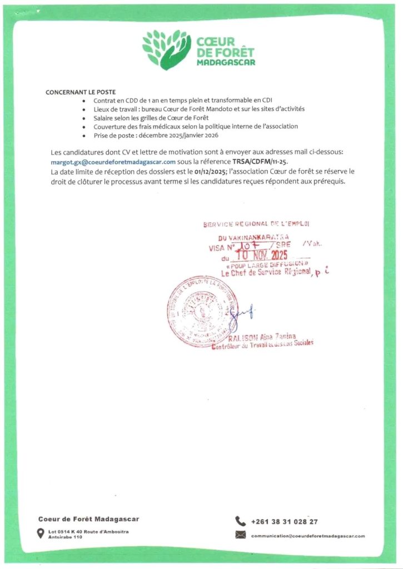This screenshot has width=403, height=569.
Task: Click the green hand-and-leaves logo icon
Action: click(x=166, y=49)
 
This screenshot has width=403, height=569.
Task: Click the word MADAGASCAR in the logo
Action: click(x=226, y=63)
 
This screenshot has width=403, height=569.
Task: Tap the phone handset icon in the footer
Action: click(x=240, y=521)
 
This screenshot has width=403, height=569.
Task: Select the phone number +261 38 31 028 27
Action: click(x=285, y=522)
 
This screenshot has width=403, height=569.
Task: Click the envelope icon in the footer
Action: click(x=240, y=535)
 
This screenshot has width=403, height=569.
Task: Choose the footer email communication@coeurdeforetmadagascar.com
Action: click(x=308, y=536)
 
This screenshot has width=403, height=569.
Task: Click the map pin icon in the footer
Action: click(x=40, y=533)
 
